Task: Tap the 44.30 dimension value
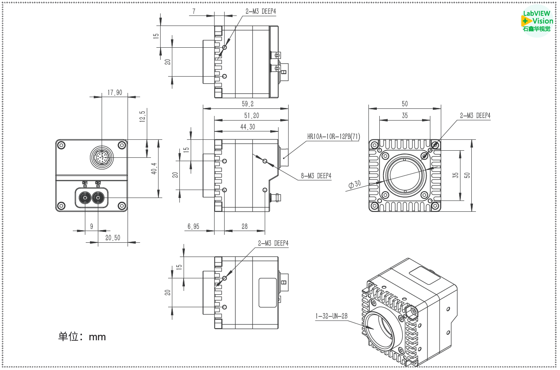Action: pyautogui.click(x=246, y=127)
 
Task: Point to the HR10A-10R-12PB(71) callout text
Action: pyautogui.click(x=333, y=136)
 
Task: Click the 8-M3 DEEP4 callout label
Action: pyautogui.click(x=316, y=176)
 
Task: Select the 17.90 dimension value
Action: pyautogui.click(x=115, y=92)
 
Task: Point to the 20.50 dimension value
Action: pyautogui.click(x=113, y=238)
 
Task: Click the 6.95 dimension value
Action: pyautogui.click(x=193, y=226)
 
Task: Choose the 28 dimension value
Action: pyautogui.click(x=244, y=226)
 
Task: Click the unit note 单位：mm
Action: pyautogui.click(x=82, y=337)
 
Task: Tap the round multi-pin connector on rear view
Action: pyautogui.click(x=101, y=158)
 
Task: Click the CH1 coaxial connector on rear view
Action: pyautogui.click(x=85, y=198)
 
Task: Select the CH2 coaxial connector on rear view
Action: pyautogui.click(x=98, y=198)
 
